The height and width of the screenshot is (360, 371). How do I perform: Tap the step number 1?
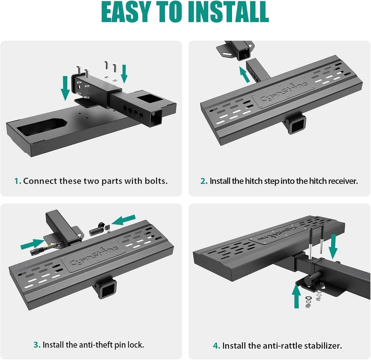click(x=17, y=181)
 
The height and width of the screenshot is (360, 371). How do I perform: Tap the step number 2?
click(x=204, y=181)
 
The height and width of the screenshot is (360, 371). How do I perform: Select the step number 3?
click(x=37, y=345)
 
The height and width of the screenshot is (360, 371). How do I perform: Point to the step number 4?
click(x=217, y=346)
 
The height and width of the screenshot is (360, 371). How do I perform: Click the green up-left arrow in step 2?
click(x=244, y=74)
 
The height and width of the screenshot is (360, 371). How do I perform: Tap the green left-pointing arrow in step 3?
click(x=123, y=220)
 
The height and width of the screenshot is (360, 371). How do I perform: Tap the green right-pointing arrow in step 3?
click(x=32, y=244)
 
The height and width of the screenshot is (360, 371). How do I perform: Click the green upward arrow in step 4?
click(x=296, y=296)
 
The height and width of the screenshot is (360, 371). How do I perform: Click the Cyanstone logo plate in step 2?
click(x=283, y=93)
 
